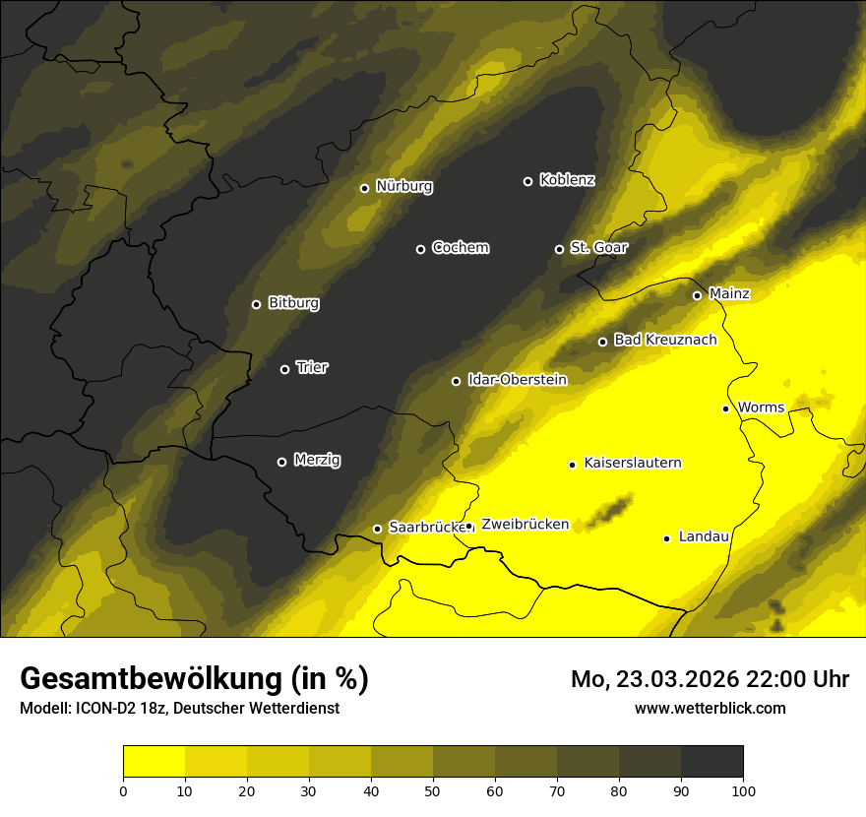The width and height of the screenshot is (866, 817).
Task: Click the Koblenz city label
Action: tap(567, 180)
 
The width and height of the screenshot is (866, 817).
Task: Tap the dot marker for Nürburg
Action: tap(364, 188)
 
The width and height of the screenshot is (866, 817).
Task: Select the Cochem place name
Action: tap(460, 248)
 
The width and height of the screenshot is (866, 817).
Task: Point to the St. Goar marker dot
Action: tap(559, 249)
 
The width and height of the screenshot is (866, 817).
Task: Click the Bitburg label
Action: tap(293, 303)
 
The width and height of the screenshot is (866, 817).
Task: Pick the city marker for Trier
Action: tap(284, 369)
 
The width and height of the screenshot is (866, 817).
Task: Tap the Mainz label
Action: tap(729, 293)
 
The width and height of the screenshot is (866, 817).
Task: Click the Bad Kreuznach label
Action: tap(665, 340)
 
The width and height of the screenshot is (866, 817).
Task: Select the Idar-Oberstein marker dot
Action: tap(456, 381)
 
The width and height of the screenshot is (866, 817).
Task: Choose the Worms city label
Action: tap(760, 407)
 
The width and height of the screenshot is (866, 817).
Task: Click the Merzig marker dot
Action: tap(281, 462)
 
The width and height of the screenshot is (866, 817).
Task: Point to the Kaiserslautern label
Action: tap(633, 463)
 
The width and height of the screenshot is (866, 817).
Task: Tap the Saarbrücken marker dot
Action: tap(377, 529)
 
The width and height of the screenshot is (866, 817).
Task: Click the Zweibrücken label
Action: tap(525, 525)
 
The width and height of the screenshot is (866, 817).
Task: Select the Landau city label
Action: tap(704, 536)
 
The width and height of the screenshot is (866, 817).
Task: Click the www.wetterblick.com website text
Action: tap(710, 708)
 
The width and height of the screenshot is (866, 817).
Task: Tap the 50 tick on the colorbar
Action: tap(433, 789)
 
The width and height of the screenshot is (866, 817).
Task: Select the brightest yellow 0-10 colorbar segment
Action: tap(154, 762)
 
